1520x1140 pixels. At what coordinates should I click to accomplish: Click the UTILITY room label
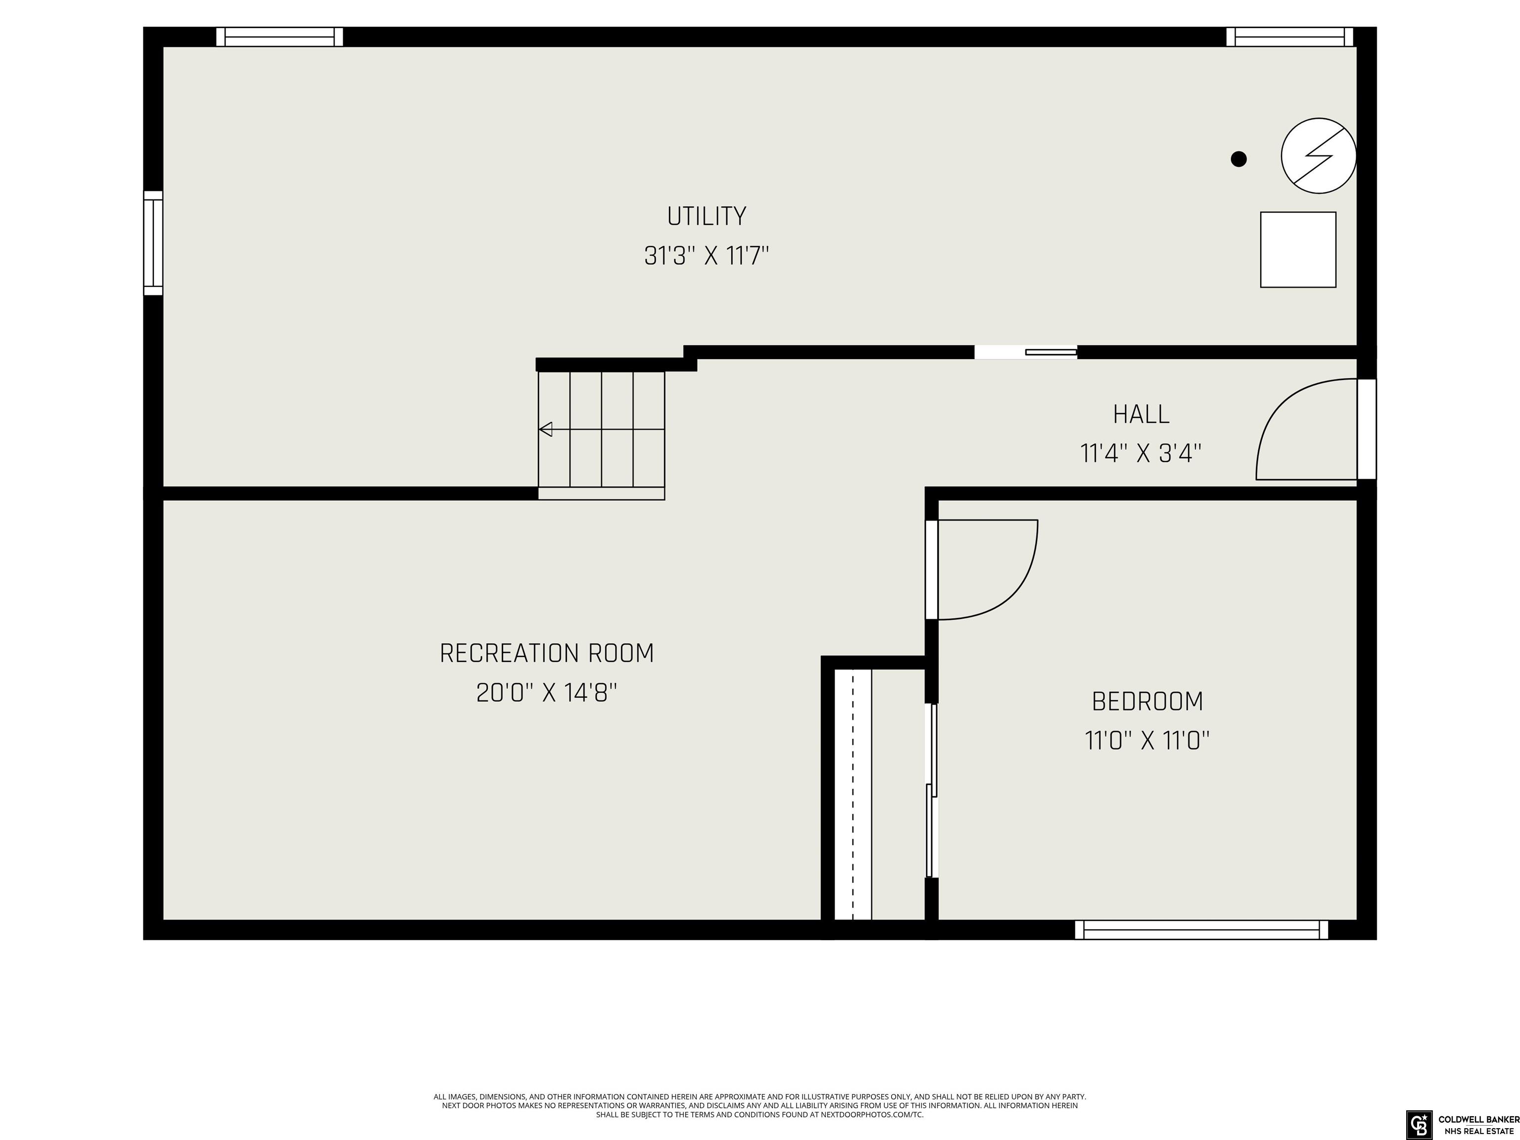[707, 216]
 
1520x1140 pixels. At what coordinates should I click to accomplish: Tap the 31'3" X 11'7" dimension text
[707, 256]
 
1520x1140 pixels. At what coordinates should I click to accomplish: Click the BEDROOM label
[1147, 702]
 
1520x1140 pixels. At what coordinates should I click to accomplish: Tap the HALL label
[1141, 414]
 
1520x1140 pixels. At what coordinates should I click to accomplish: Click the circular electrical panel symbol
[1319, 156]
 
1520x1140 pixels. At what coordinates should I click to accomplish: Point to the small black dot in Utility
[1239, 159]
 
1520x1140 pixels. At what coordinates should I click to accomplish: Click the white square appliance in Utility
[1298, 249]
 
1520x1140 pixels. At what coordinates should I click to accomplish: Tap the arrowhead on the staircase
[546, 429]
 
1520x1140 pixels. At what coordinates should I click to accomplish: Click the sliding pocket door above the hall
[1026, 352]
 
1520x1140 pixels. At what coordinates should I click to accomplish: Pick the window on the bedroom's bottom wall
[1202, 930]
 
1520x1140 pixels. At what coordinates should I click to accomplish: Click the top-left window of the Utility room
[280, 37]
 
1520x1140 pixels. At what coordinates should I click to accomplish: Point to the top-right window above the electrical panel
[1290, 37]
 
